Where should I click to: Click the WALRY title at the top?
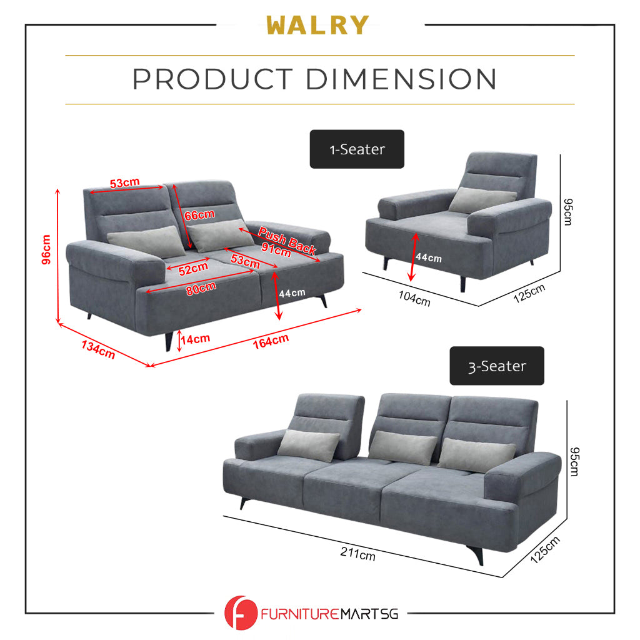coord(317,26)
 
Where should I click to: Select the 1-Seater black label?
coord(357,149)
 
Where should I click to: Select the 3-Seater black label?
coord(497,366)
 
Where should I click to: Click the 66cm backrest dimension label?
coord(199,214)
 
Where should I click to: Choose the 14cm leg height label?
coord(195,339)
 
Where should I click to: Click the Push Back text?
coord(287,240)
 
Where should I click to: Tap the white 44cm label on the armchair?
coord(428,257)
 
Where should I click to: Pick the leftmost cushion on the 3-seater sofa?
coord(307,445)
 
